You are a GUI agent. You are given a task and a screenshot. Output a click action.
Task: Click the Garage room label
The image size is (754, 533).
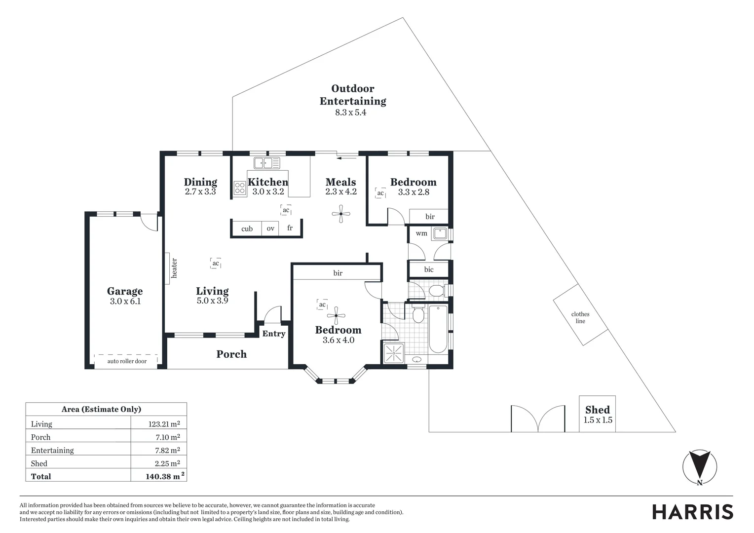pyautogui.click(x=125, y=291)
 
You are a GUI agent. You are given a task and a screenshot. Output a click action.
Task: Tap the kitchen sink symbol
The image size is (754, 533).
pyautogui.click(x=267, y=163)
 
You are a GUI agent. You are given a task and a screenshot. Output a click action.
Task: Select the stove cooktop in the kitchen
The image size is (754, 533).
pyautogui.click(x=240, y=188)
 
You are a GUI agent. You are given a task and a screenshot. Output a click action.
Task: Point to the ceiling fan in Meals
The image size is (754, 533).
pyautogui.click(x=341, y=214)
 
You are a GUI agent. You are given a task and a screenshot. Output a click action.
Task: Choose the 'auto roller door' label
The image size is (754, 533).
pyautogui.click(x=127, y=361)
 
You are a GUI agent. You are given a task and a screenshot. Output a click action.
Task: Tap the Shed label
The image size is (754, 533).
pyautogui.click(x=598, y=410)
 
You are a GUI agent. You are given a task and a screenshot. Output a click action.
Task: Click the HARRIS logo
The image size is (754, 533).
pyautogui.click(x=692, y=512)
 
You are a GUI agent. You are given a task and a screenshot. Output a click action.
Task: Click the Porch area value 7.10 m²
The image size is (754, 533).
pyautogui.click(x=167, y=437)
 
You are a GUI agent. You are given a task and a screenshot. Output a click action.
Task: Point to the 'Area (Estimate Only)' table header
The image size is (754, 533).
pyautogui.click(x=101, y=409)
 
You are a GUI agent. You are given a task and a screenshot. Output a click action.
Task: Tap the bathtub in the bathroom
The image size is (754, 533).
pyautogui.click(x=438, y=329)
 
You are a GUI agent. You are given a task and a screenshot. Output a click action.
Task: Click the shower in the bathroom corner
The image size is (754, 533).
pyautogui.click(x=394, y=353)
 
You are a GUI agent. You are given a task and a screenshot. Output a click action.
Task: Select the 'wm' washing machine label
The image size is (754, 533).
pyautogui.click(x=421, y=233)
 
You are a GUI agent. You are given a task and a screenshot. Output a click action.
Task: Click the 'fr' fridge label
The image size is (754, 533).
pyautogui.click(x=290, y=228)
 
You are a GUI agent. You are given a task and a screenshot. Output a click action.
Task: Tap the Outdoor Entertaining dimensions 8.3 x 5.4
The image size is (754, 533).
pyautogui.click(x=351, y=113)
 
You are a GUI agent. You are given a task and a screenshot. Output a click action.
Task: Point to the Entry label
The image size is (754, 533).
pyautogui.click(x=274, y=334)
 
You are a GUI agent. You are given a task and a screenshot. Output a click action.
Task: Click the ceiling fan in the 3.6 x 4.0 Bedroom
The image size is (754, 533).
pyautogui.click(x=337, y=315)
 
